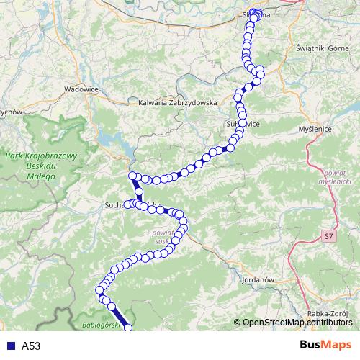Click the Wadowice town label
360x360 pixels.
click(x=81, y=89)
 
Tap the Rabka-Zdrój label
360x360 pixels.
click(x=327, y=313)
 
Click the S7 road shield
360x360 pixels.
click(x=329, y=235)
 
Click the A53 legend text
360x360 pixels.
click(x=31, y=346)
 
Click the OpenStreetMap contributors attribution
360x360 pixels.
click(x=294, y=323)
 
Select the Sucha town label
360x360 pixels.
click(x=115, y=204)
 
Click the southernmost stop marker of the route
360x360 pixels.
click(x=128, y=329)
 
